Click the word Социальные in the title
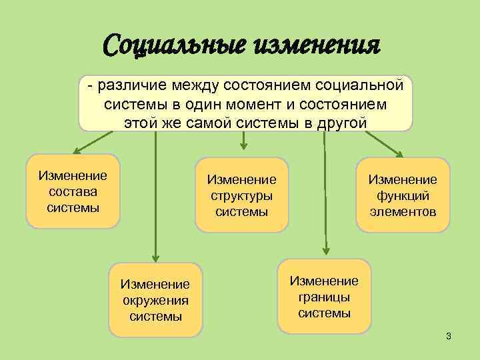click(x=175, y=47)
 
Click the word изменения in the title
click(x=316, y=47)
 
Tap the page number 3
click(x=449, y=335)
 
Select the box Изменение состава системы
click(x=73, y=191)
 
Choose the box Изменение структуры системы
click(x=242, y=195)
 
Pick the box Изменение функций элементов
click(x=403, y=195)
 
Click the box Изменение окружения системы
click(x=155, y=300)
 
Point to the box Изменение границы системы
click(x=324, y=296)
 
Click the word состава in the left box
click(x=73, y=191)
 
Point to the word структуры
click(x=242, y=195)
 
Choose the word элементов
click(x=403, y=212)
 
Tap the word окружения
click(x=155, y=300)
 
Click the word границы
click(x=324, y=297)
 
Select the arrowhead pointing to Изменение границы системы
click(x=325, y=252)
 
